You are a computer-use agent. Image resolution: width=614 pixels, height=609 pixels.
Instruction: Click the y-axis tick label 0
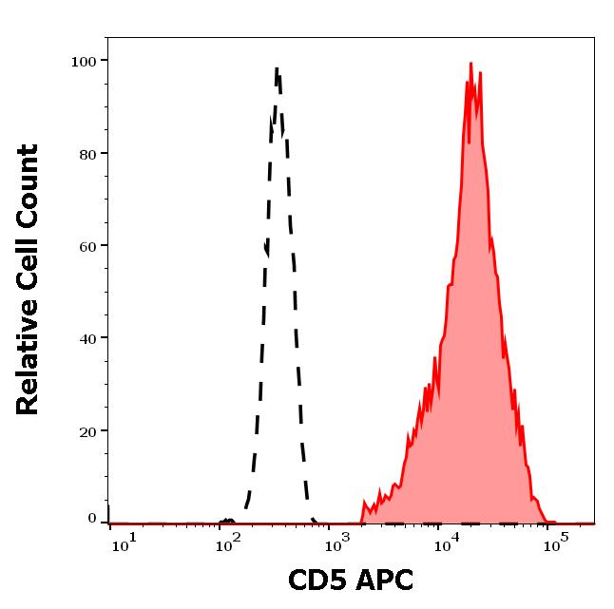92,519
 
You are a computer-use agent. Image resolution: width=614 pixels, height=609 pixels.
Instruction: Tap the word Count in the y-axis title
29,184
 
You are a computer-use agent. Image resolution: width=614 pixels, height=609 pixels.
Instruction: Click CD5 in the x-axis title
318,580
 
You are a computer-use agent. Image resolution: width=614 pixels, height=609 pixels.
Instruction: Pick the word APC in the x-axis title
384,580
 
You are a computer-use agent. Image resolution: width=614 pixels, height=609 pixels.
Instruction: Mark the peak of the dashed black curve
277,68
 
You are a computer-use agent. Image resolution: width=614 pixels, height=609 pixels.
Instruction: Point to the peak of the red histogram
471,65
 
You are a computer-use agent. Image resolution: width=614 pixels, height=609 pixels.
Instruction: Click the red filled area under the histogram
470,380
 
